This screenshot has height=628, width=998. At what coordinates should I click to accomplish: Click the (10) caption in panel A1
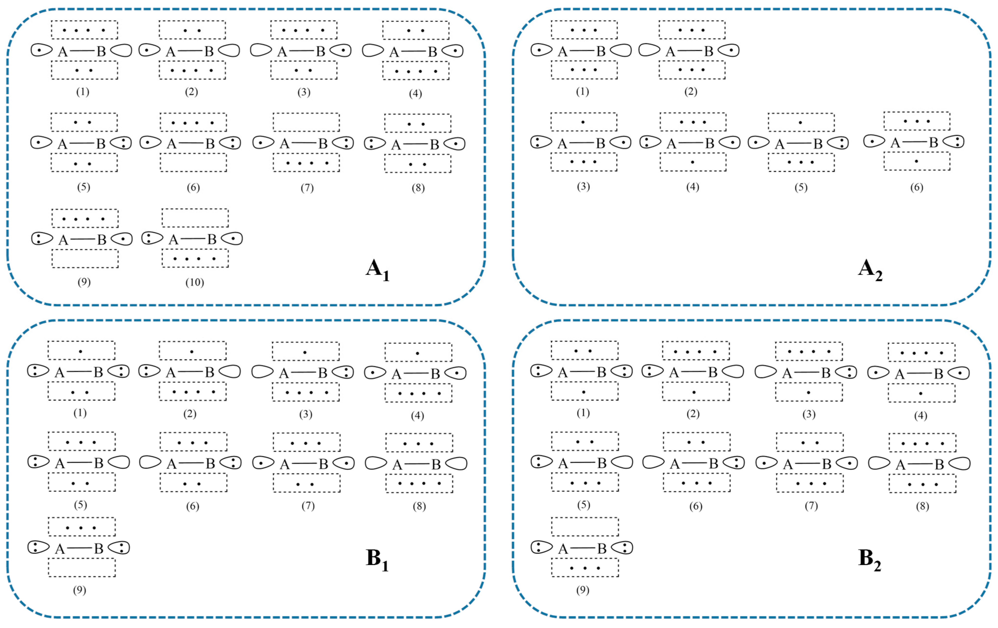click(x=194, y=283)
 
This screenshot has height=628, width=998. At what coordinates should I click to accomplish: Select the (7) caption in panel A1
click(x=307, y=188)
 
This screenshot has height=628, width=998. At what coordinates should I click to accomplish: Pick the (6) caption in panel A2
click(x=916, y=187)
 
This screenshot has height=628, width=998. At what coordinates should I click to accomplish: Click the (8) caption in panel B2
click(x=922, y=506)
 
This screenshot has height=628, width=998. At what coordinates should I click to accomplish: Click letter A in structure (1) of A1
click(x=63, y=52)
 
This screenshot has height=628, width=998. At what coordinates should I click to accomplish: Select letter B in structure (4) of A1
click(x=432, y=52)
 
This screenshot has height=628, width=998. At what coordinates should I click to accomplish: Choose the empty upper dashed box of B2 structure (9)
click(x=585, y=527)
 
